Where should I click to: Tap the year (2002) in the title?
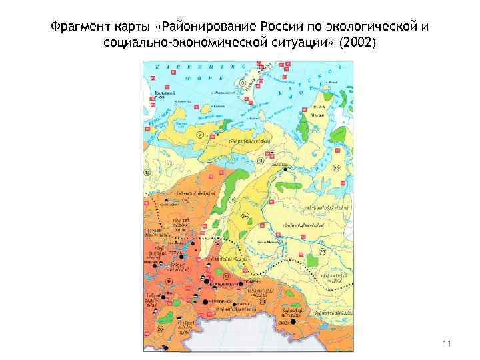pos(357,44)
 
